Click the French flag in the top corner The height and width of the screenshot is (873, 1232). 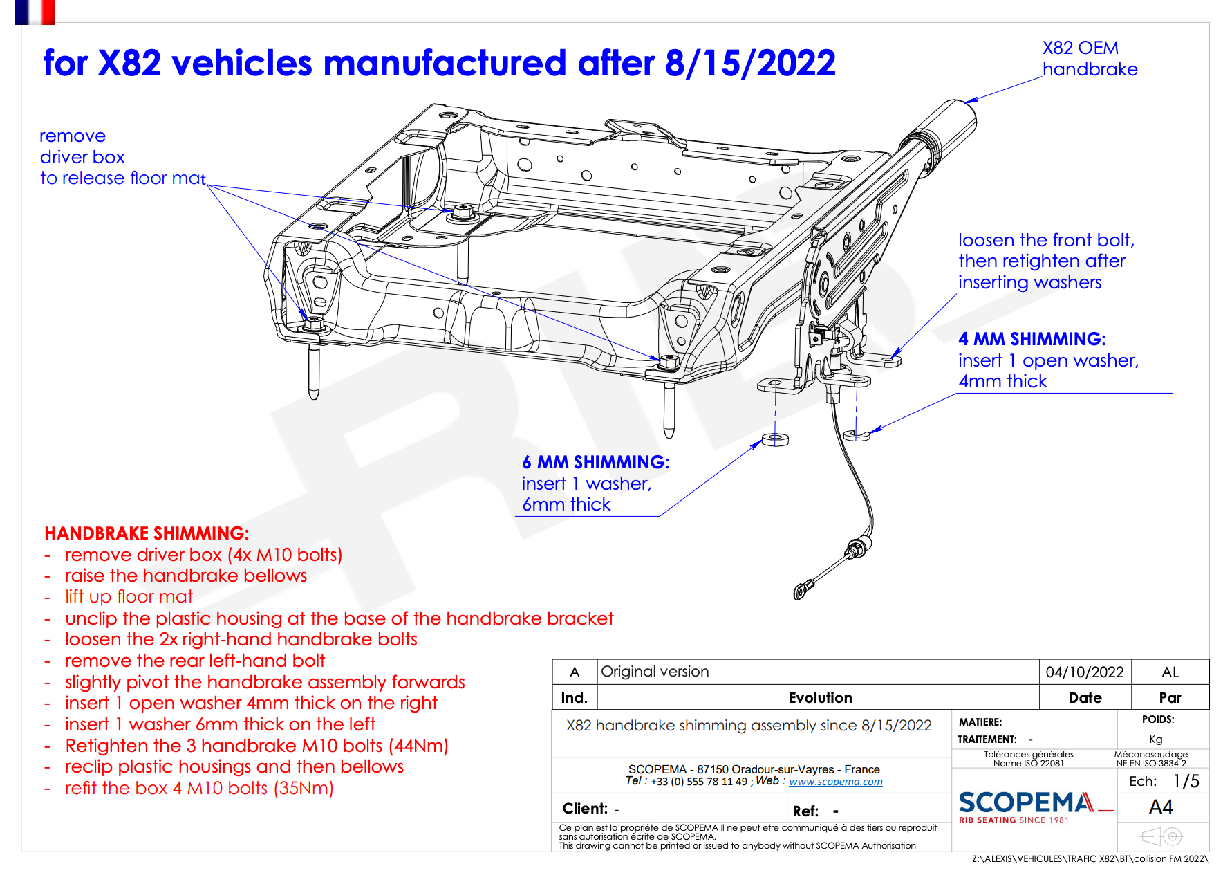coord(35,12)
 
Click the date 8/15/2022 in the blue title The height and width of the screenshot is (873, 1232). coord(749,64)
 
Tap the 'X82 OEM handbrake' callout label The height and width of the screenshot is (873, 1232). coord(1089,59)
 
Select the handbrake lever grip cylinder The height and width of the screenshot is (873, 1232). coord(953,125)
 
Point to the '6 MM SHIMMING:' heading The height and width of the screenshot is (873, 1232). coord(595,462)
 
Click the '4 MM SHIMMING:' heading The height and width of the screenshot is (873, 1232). coord(1032,339)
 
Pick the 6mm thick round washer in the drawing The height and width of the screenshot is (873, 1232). coord(775,439)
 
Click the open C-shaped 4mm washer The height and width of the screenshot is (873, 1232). coord(857,434)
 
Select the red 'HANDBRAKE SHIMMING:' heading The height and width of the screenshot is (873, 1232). coord(147,533)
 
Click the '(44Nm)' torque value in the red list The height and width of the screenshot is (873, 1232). coord(418,746)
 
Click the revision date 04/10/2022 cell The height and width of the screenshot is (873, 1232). coord(1084,672)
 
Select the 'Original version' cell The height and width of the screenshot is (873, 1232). coord(655,672)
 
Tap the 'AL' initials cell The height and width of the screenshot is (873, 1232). coord(1170,672)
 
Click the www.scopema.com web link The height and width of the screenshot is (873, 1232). coord(835,782)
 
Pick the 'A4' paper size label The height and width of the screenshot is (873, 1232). coord(1161,807)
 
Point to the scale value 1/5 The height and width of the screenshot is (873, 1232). coord(1186,781)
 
